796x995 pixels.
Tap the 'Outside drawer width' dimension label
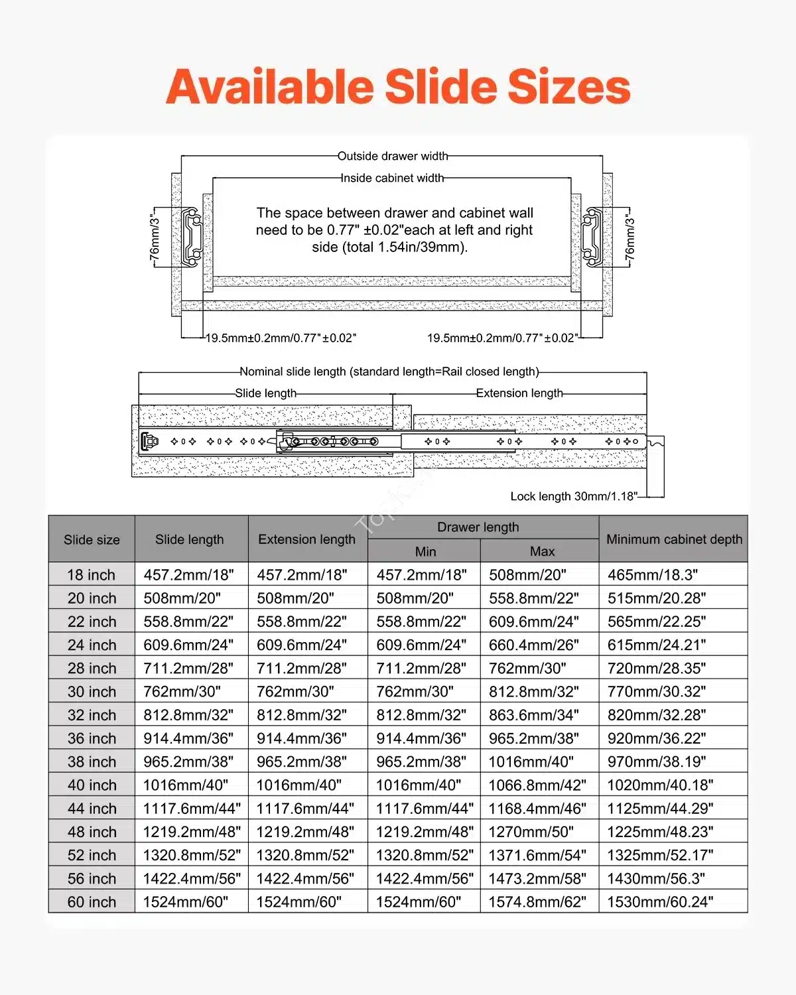point(393,157)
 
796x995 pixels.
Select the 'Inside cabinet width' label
point(392,178)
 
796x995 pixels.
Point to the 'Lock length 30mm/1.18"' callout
point(574,496)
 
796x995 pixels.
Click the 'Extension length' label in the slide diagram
point(519,393)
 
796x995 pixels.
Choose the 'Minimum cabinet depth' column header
point(674,539)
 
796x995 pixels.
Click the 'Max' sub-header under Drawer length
point(542,551)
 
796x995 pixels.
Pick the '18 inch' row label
point(92,575)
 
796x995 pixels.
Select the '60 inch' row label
point(92,902)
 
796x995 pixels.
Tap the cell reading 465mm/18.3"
point(653,575)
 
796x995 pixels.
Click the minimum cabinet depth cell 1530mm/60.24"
point(660,902)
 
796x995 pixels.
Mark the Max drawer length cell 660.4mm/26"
point(533,645)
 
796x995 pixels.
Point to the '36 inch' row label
point(92,738)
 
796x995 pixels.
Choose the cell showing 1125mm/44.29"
point(660,809)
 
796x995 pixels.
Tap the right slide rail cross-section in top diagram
point(592,236)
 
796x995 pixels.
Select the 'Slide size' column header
point(92,540)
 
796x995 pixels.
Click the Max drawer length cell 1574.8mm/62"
point(537,902)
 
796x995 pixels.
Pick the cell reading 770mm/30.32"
point(657,692)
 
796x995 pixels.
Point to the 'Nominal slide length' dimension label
point(389,372)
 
